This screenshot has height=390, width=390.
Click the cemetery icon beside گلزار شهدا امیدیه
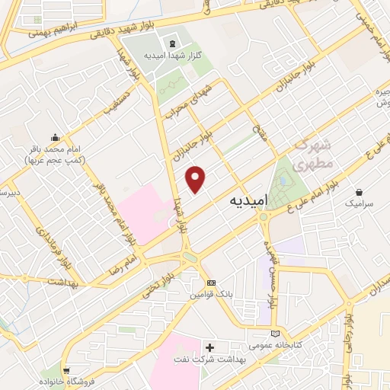[x=171, y=43]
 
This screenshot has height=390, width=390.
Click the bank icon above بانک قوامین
[x=211, y=283]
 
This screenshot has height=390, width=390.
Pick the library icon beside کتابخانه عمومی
[x=276, y=333]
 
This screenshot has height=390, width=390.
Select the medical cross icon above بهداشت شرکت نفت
[x=210, y=347]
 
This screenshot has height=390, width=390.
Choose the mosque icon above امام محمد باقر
[x=55, y=138]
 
